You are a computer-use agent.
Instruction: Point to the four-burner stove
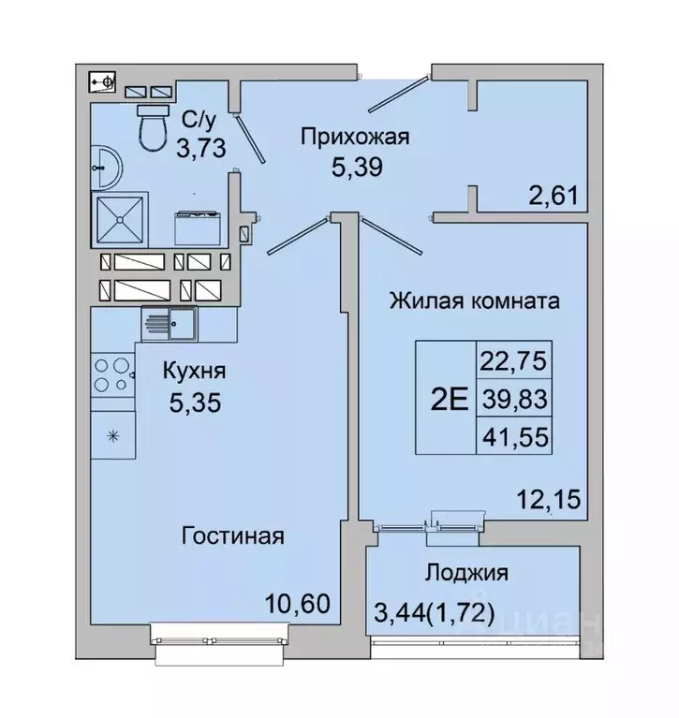pyautogui.click(x=113, y=375)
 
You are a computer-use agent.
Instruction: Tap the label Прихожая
pyautogui.click(x=355, y=139)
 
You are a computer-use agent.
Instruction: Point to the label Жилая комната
pyautogui.click(x=475, y=301)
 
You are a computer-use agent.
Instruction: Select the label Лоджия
pyautogui.click(x=465, y=573)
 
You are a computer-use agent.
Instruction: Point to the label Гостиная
pyautogui.click(x=232, y=536)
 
